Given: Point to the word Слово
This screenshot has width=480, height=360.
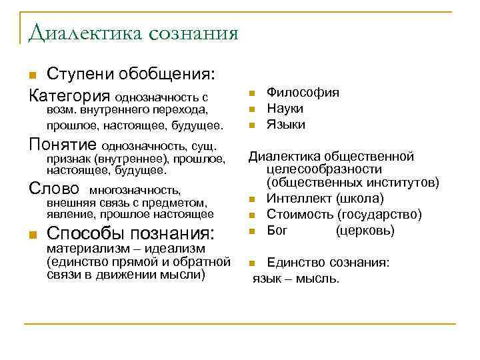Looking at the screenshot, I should [x=55, y=189].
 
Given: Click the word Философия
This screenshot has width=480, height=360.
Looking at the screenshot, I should [x=303, y=93].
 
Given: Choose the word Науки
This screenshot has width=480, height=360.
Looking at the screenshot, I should [x=285, y=109].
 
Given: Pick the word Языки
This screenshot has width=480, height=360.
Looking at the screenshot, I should [x=286, y=125].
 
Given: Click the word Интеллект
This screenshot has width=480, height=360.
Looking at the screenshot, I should [x=298, y=199].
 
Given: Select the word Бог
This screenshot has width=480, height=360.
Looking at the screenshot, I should [x=277, y=231].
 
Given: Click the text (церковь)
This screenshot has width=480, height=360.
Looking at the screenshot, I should [x=365, y=231].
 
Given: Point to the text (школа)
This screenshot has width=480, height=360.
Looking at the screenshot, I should [x=360, y=199].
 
